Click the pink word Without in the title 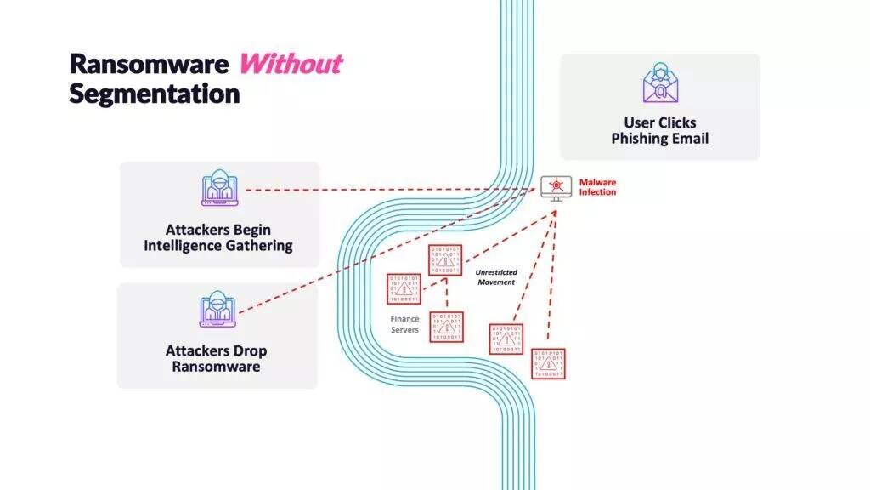point(291,64)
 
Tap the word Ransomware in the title point(150,64)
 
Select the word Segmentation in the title point(154,93)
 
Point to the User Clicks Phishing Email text point(659,131)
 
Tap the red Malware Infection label point(597,187)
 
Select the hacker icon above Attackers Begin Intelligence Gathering point(219,189)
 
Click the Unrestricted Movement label point(494,276)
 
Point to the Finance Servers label point(404,324)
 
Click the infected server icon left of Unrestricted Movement point(445,259)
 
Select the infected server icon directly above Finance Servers point(404,288)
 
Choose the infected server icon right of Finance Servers point(446,327)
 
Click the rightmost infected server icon point(548,363)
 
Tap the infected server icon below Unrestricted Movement point(506,339)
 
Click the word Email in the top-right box point(689,139)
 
